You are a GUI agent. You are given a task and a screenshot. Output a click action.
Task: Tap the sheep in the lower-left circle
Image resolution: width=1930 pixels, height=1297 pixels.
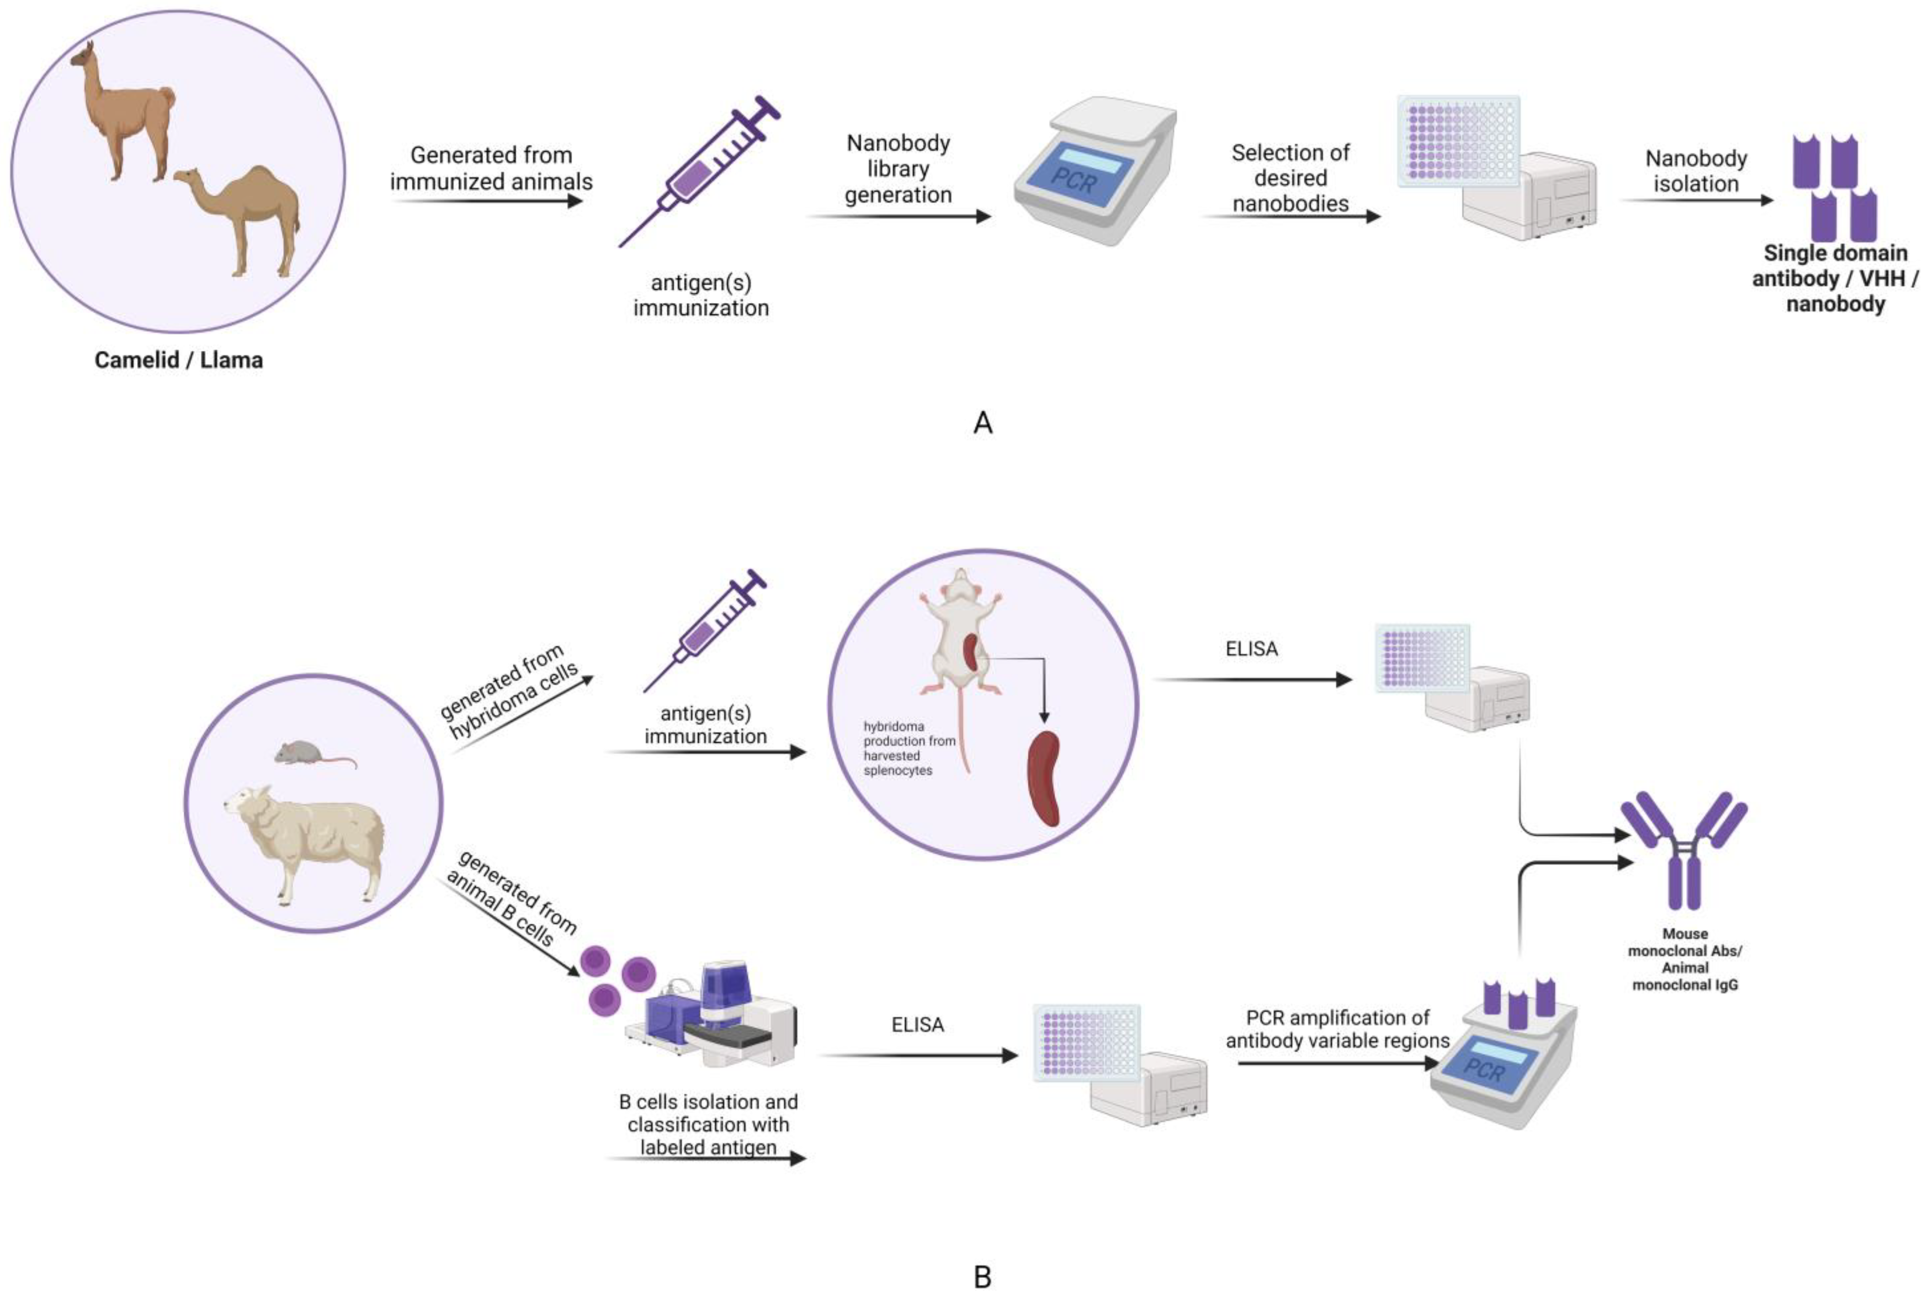coord(306,840)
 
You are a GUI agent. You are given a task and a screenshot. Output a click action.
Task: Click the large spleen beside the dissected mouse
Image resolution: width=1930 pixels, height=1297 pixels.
coord(1044,778)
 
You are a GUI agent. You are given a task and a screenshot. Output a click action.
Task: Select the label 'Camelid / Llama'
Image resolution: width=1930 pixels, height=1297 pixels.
coord(179,360)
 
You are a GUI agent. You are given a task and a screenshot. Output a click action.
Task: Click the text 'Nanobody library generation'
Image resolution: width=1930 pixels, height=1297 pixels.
coord(898,169)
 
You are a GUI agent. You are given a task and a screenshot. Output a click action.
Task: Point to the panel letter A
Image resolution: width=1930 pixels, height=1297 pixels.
coord(982,423)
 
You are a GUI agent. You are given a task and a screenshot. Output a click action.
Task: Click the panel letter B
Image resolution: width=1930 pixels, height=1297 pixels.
coord(982,1276)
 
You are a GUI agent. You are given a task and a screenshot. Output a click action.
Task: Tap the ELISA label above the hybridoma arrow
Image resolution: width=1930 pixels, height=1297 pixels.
coord(1251,648)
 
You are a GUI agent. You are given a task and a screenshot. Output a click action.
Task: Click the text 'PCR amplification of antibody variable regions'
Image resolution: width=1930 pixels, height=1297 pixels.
coord(1337,1029)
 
